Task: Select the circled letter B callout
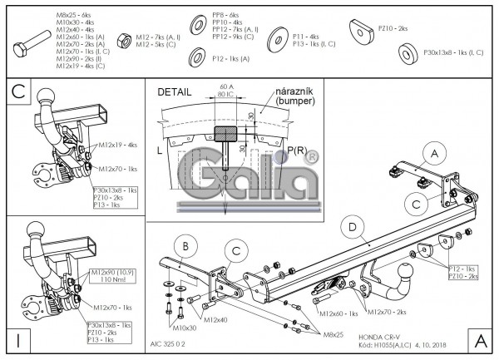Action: pos(187,247)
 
